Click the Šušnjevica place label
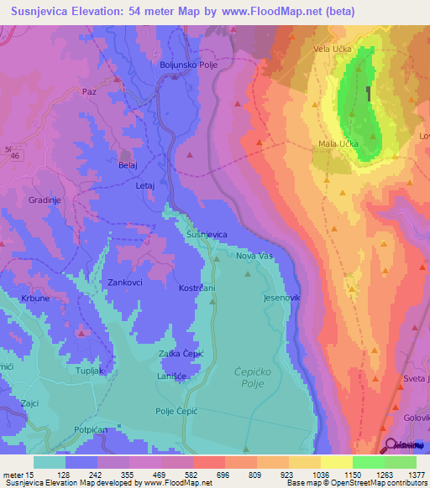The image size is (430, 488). (x=207, y=235)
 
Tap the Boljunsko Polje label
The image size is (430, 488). (x=189, y=65)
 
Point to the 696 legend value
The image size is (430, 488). (x=199, y=475)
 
